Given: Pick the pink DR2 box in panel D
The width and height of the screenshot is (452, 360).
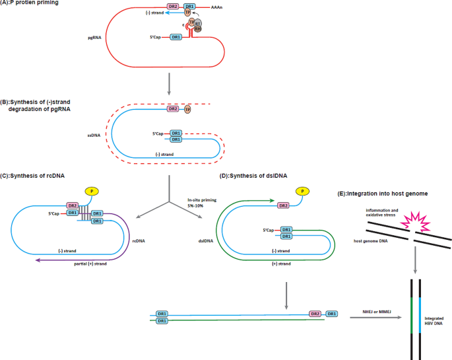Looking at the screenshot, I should coord(284,205).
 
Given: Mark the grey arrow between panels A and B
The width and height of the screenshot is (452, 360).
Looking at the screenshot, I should coord(170,84).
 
